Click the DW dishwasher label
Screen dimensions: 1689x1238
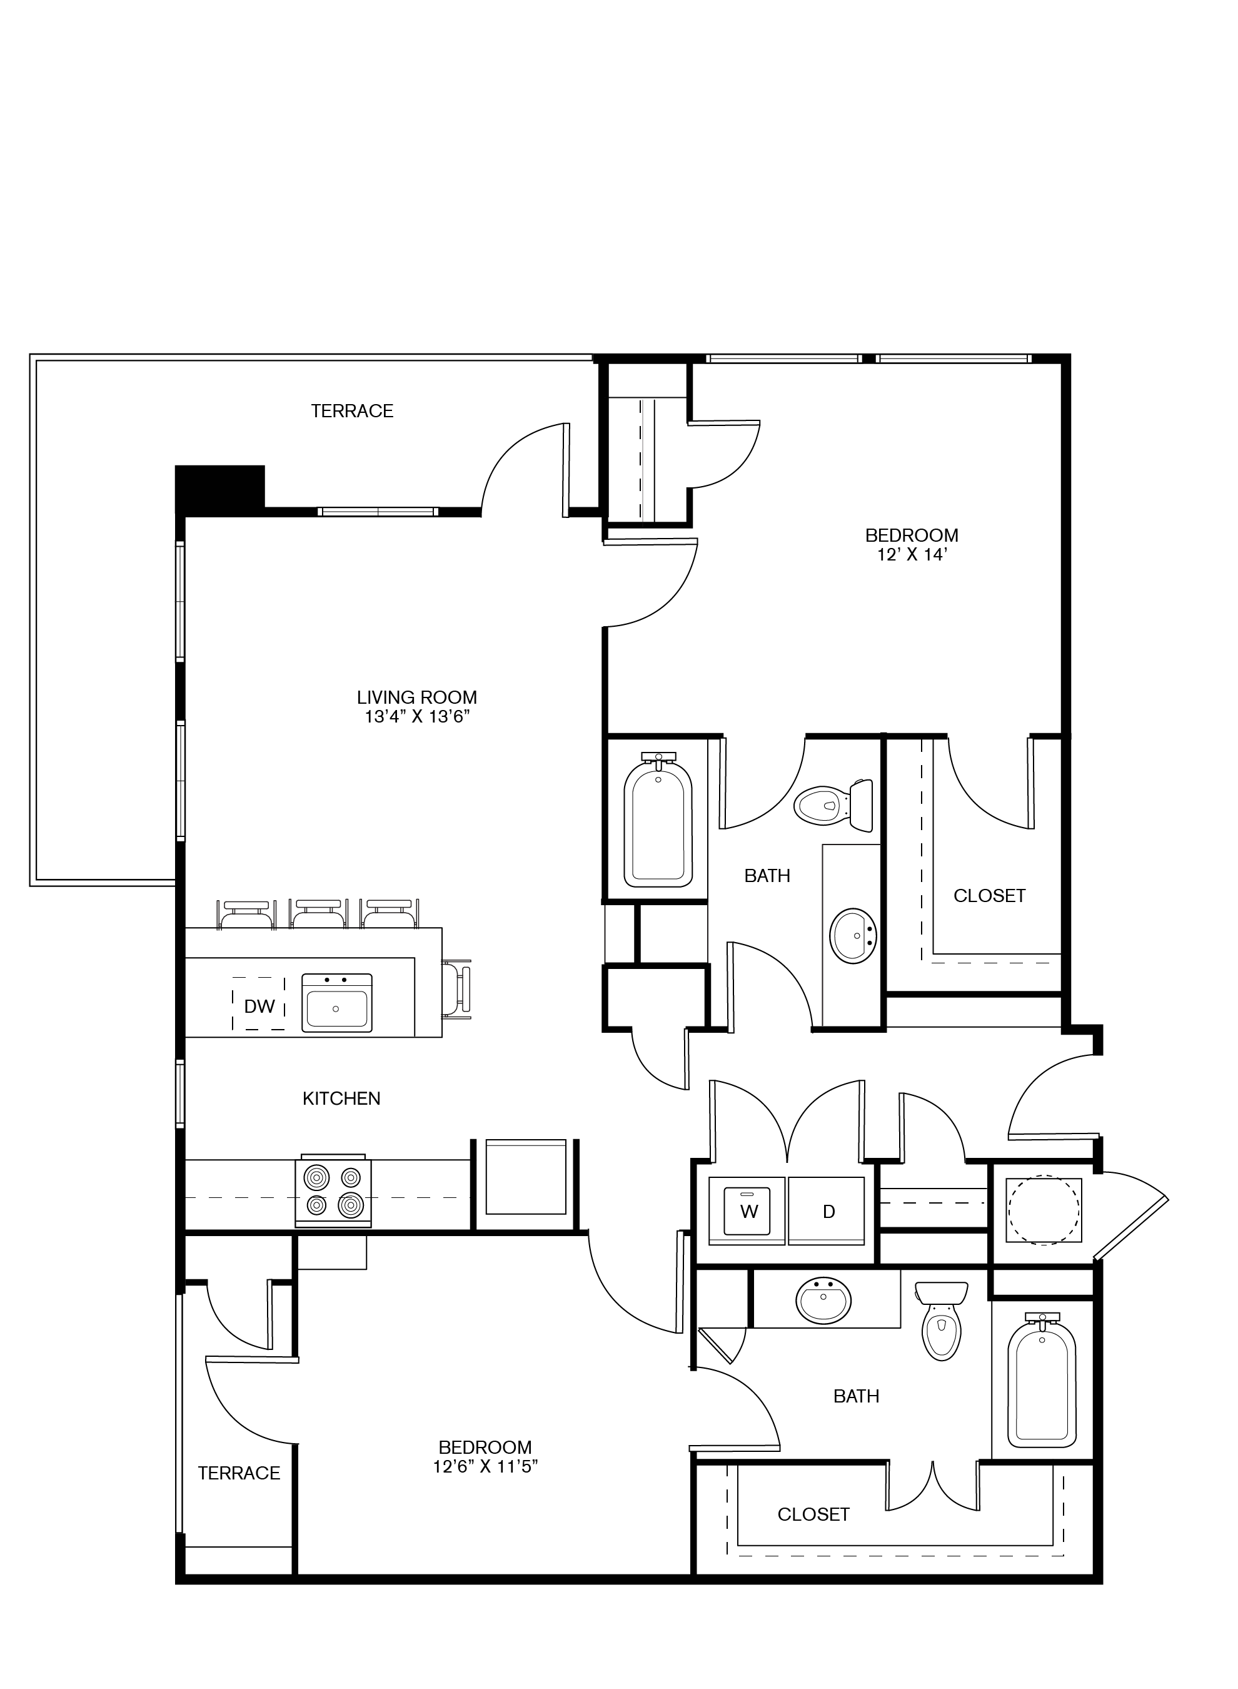pos(259,1006)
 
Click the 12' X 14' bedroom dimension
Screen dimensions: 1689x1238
pos(912,555)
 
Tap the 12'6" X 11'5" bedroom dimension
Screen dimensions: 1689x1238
pos(486,1466)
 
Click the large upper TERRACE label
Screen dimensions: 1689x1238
pos(352,411)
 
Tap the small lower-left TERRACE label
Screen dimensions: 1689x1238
pos(238,1473)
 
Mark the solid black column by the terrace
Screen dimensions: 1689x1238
pos(219,487)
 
